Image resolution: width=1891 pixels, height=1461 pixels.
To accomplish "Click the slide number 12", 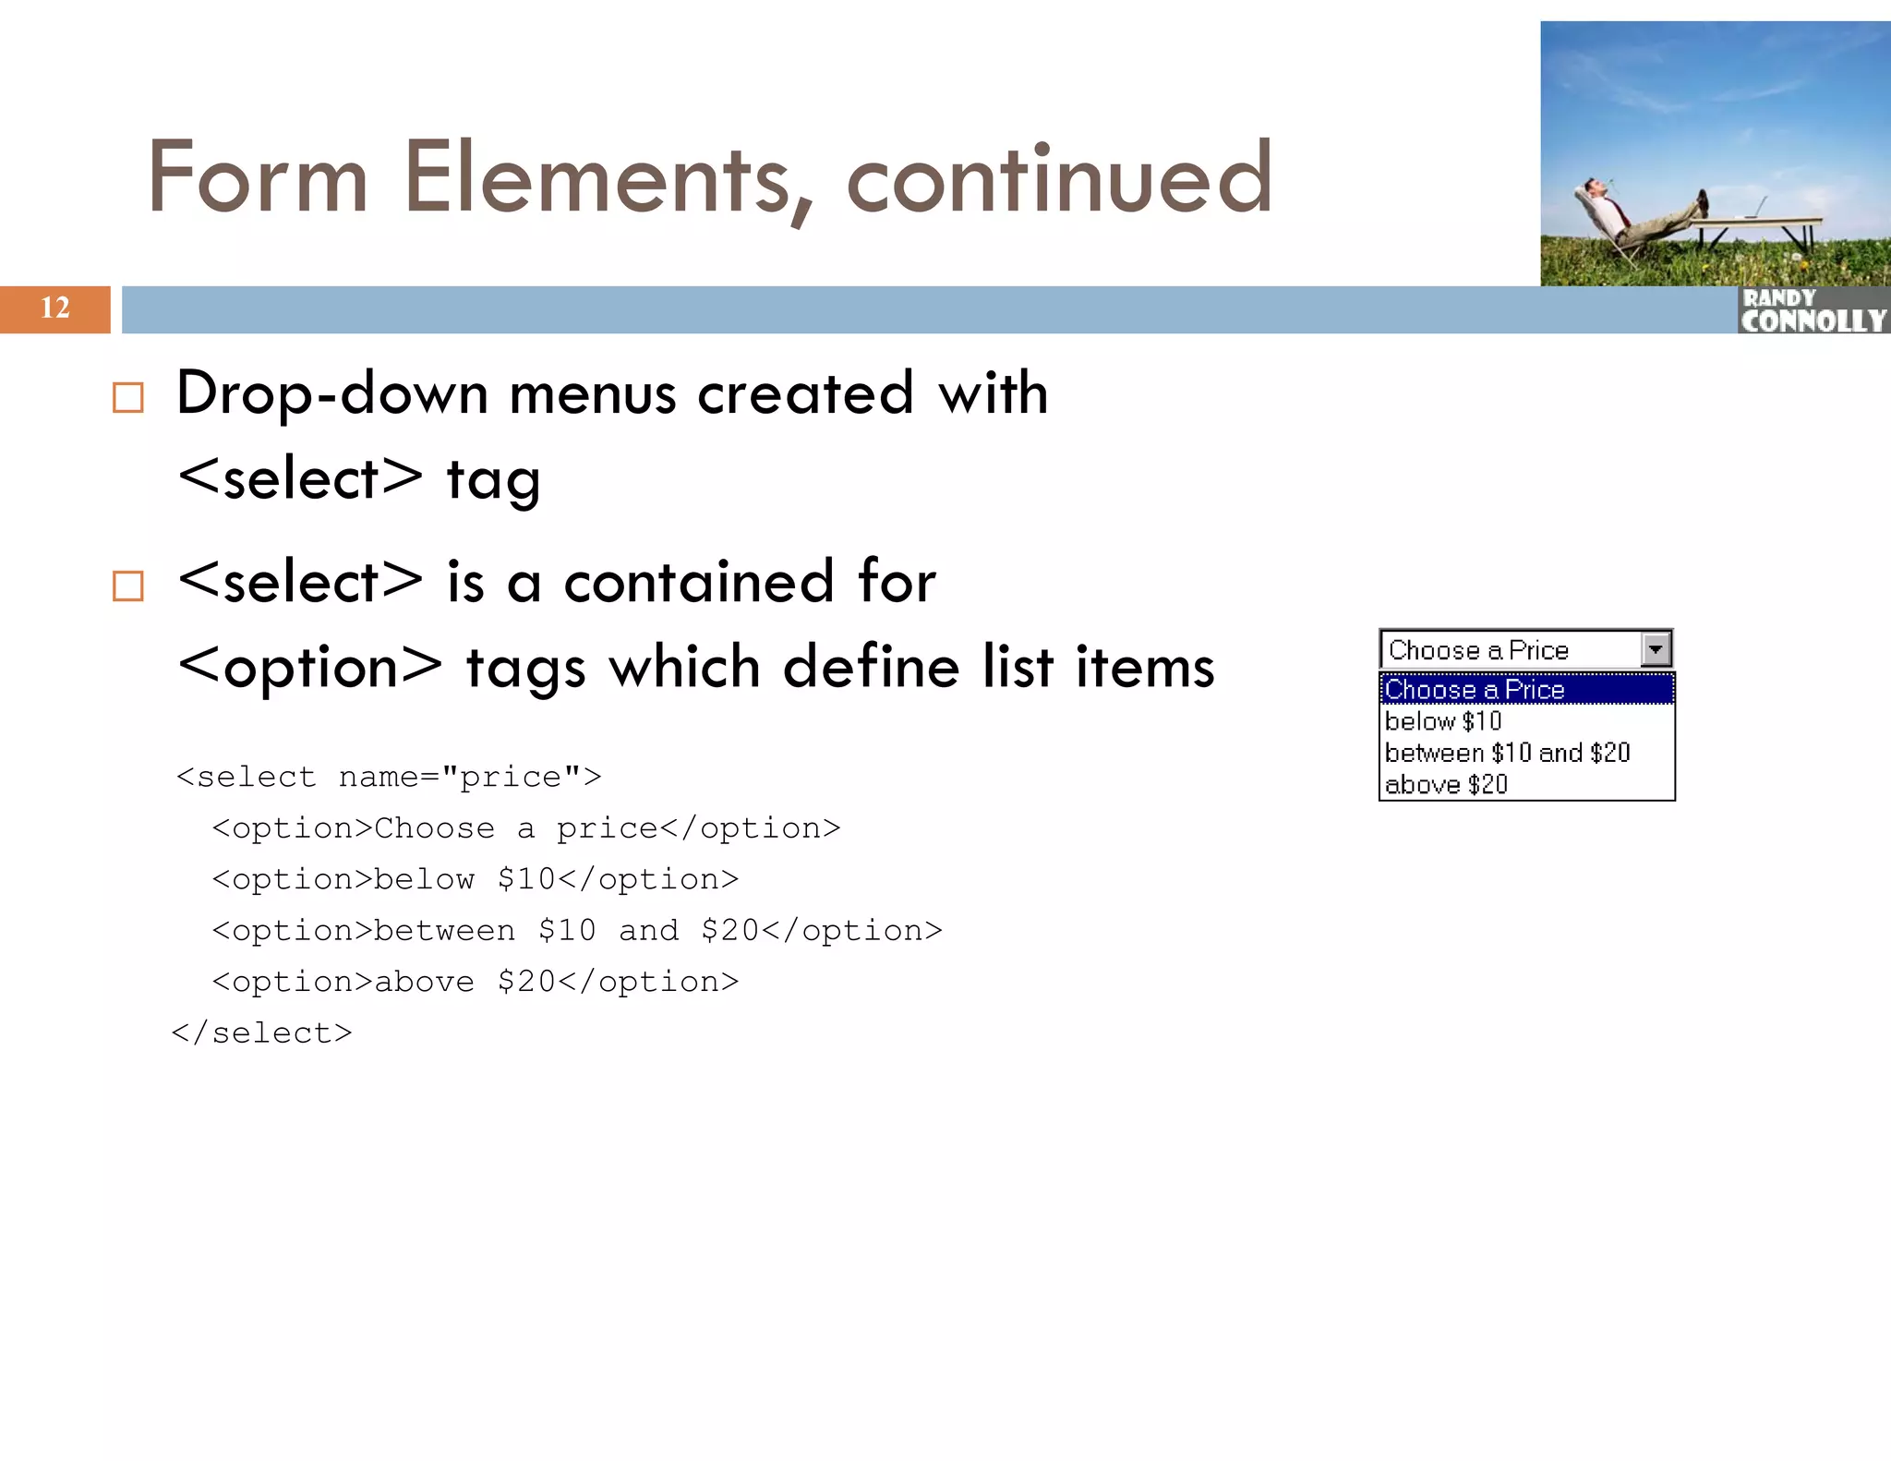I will click(x=55, y=308).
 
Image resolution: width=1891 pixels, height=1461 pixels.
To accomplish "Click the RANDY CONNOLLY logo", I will click(x=1813, y=311).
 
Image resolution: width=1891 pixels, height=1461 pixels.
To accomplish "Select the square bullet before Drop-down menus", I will click(x=128, y=398).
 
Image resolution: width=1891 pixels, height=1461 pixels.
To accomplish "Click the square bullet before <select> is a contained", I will click(x=128, y=586).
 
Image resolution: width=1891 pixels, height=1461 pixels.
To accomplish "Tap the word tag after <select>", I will click(x=493, y=481).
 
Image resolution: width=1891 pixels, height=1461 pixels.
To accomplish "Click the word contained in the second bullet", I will click(x=699, y=583).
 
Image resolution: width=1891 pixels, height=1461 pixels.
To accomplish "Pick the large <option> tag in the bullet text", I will click(x=310, y=668).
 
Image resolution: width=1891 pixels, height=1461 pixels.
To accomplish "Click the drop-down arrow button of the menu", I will click(x=1656, y=649).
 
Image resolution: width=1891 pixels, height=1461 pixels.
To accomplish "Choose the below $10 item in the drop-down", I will click(x=1443, y=721).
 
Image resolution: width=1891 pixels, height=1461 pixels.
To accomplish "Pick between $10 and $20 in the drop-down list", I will click(x=1507, y=753).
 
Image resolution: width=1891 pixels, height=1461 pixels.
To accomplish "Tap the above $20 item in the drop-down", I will click(x=1446, y=785).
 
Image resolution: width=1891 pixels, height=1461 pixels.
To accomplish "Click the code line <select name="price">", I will click(x=389, y=777).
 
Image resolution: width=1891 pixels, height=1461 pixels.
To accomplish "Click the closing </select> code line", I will click(x=262, y=1032).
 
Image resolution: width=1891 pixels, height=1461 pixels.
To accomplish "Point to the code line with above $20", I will click(x=476, y=982).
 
